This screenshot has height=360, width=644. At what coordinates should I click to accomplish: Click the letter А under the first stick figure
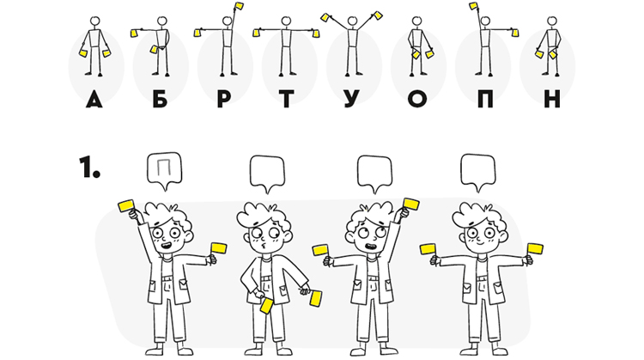94,100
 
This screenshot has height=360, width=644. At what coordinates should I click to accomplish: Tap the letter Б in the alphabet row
161,100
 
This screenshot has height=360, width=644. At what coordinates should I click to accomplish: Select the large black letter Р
223,100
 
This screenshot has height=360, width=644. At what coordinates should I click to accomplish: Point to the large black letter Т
286,100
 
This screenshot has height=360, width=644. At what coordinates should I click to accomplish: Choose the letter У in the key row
351,100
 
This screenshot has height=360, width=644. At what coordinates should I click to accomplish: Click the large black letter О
417,100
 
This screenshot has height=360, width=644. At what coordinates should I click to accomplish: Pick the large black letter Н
552,100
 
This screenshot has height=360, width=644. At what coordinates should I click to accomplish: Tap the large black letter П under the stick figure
485,100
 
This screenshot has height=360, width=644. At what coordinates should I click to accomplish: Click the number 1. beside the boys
89,167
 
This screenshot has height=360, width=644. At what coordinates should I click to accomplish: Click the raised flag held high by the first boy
126,206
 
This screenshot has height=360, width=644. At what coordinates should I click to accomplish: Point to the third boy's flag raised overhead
411,204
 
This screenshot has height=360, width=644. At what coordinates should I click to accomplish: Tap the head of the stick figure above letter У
351,21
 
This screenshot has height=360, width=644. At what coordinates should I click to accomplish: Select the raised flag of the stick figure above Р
239,6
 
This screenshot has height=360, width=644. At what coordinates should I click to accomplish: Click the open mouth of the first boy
166,246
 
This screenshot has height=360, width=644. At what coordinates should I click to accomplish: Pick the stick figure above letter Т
286,46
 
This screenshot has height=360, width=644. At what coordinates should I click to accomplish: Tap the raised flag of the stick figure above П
473,6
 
